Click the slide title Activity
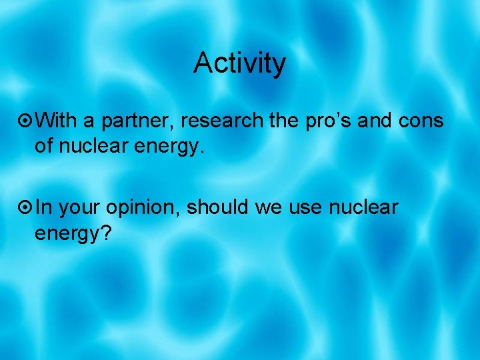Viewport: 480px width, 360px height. coord(239,64)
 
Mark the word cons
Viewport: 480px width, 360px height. coord(423,121)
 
